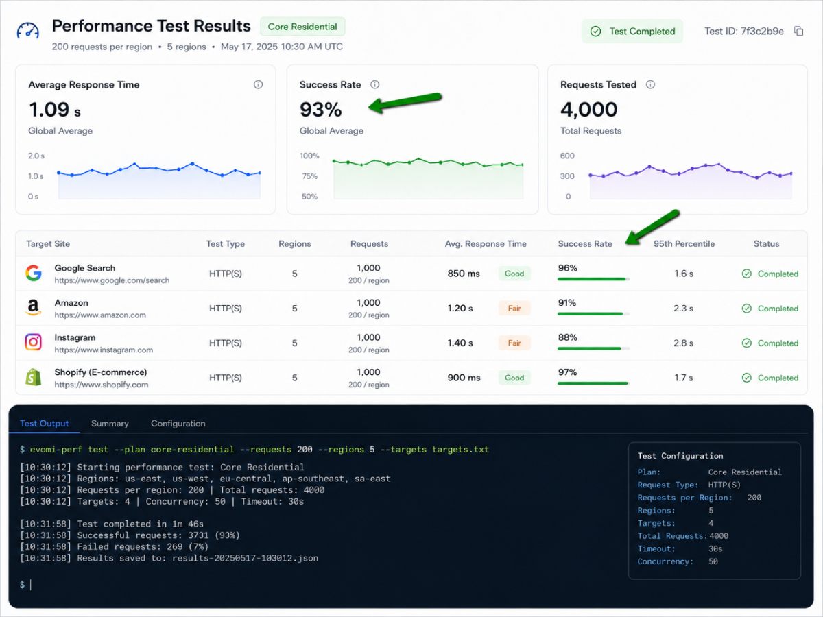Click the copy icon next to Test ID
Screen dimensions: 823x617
(798, 31)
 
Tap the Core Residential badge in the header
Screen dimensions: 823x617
(302, 27)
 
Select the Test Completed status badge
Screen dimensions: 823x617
(632, 31)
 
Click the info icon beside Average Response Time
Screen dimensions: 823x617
(258, 84)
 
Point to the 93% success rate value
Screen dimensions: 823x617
(320, 110)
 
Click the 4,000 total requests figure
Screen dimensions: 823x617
(588, 110)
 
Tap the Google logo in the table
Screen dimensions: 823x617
(34, 273)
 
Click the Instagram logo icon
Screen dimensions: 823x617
(34, 342)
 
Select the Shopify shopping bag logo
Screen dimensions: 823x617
(34, 377)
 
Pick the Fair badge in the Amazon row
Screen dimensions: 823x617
(514, 308)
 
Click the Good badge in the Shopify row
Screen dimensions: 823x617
(514, 378)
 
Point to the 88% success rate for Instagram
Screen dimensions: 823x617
(567, 337)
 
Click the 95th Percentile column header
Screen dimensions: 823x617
(684, 244)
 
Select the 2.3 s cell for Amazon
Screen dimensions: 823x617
(683, 308)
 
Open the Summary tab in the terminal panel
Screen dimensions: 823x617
(110, 423)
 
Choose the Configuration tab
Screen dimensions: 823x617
(178, 423)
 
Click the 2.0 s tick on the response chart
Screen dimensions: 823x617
(36, 156)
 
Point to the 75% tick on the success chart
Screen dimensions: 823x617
(310, 176)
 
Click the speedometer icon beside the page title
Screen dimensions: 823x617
(27, 30)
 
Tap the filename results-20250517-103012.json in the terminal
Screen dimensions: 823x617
(246, 558)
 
